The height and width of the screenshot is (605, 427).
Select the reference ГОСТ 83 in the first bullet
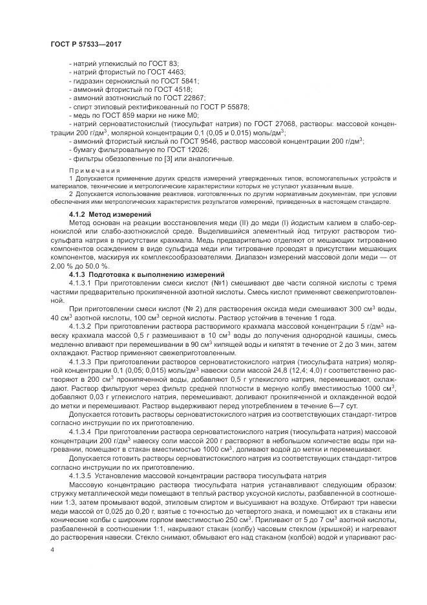(167, 65)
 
